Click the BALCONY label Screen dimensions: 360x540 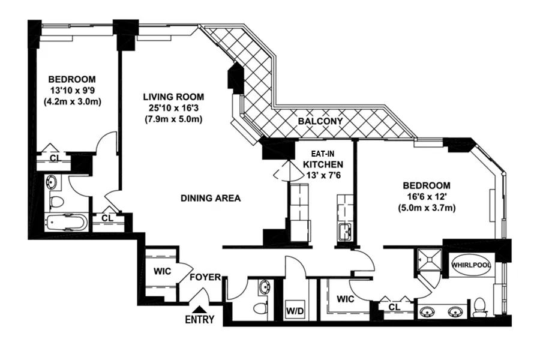[320, 121]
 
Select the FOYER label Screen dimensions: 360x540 [205, 277]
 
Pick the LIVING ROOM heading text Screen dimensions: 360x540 [173, 97]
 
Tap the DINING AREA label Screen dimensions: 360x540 [211, 198]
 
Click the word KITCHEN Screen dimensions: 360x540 [323, 164]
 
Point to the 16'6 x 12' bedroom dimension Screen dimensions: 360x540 [427, 197]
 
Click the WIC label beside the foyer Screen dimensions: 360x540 [163, 271]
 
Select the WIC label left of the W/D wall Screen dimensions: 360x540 [344, 298]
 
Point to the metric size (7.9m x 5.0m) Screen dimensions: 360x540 [173, 119]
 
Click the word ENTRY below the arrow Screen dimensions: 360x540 [200, 320]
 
